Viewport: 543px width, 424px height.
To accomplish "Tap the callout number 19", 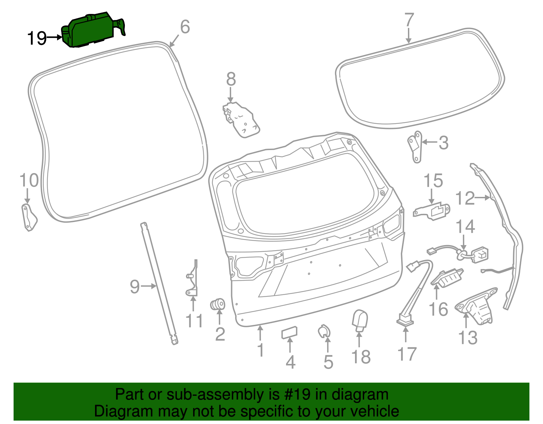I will (x=37, y=38).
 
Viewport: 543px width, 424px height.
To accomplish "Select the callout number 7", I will (x=409, y=20).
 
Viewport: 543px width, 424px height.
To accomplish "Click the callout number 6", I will (x=185, y=27).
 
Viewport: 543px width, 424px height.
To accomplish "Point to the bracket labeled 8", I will (x=242, y=119).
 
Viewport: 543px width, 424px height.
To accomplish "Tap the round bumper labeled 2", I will (x=218, y=304).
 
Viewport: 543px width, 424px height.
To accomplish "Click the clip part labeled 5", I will (x=324, y=331).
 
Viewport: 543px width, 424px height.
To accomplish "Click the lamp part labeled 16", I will (x=447, y=278).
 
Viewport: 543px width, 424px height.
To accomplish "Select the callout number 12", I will (x=465, y=198).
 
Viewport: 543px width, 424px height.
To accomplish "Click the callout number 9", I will (x=135, y=287).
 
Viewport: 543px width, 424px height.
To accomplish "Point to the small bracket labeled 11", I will (x=192, y=278).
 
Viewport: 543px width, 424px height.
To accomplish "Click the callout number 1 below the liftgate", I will (x=261, y=350).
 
